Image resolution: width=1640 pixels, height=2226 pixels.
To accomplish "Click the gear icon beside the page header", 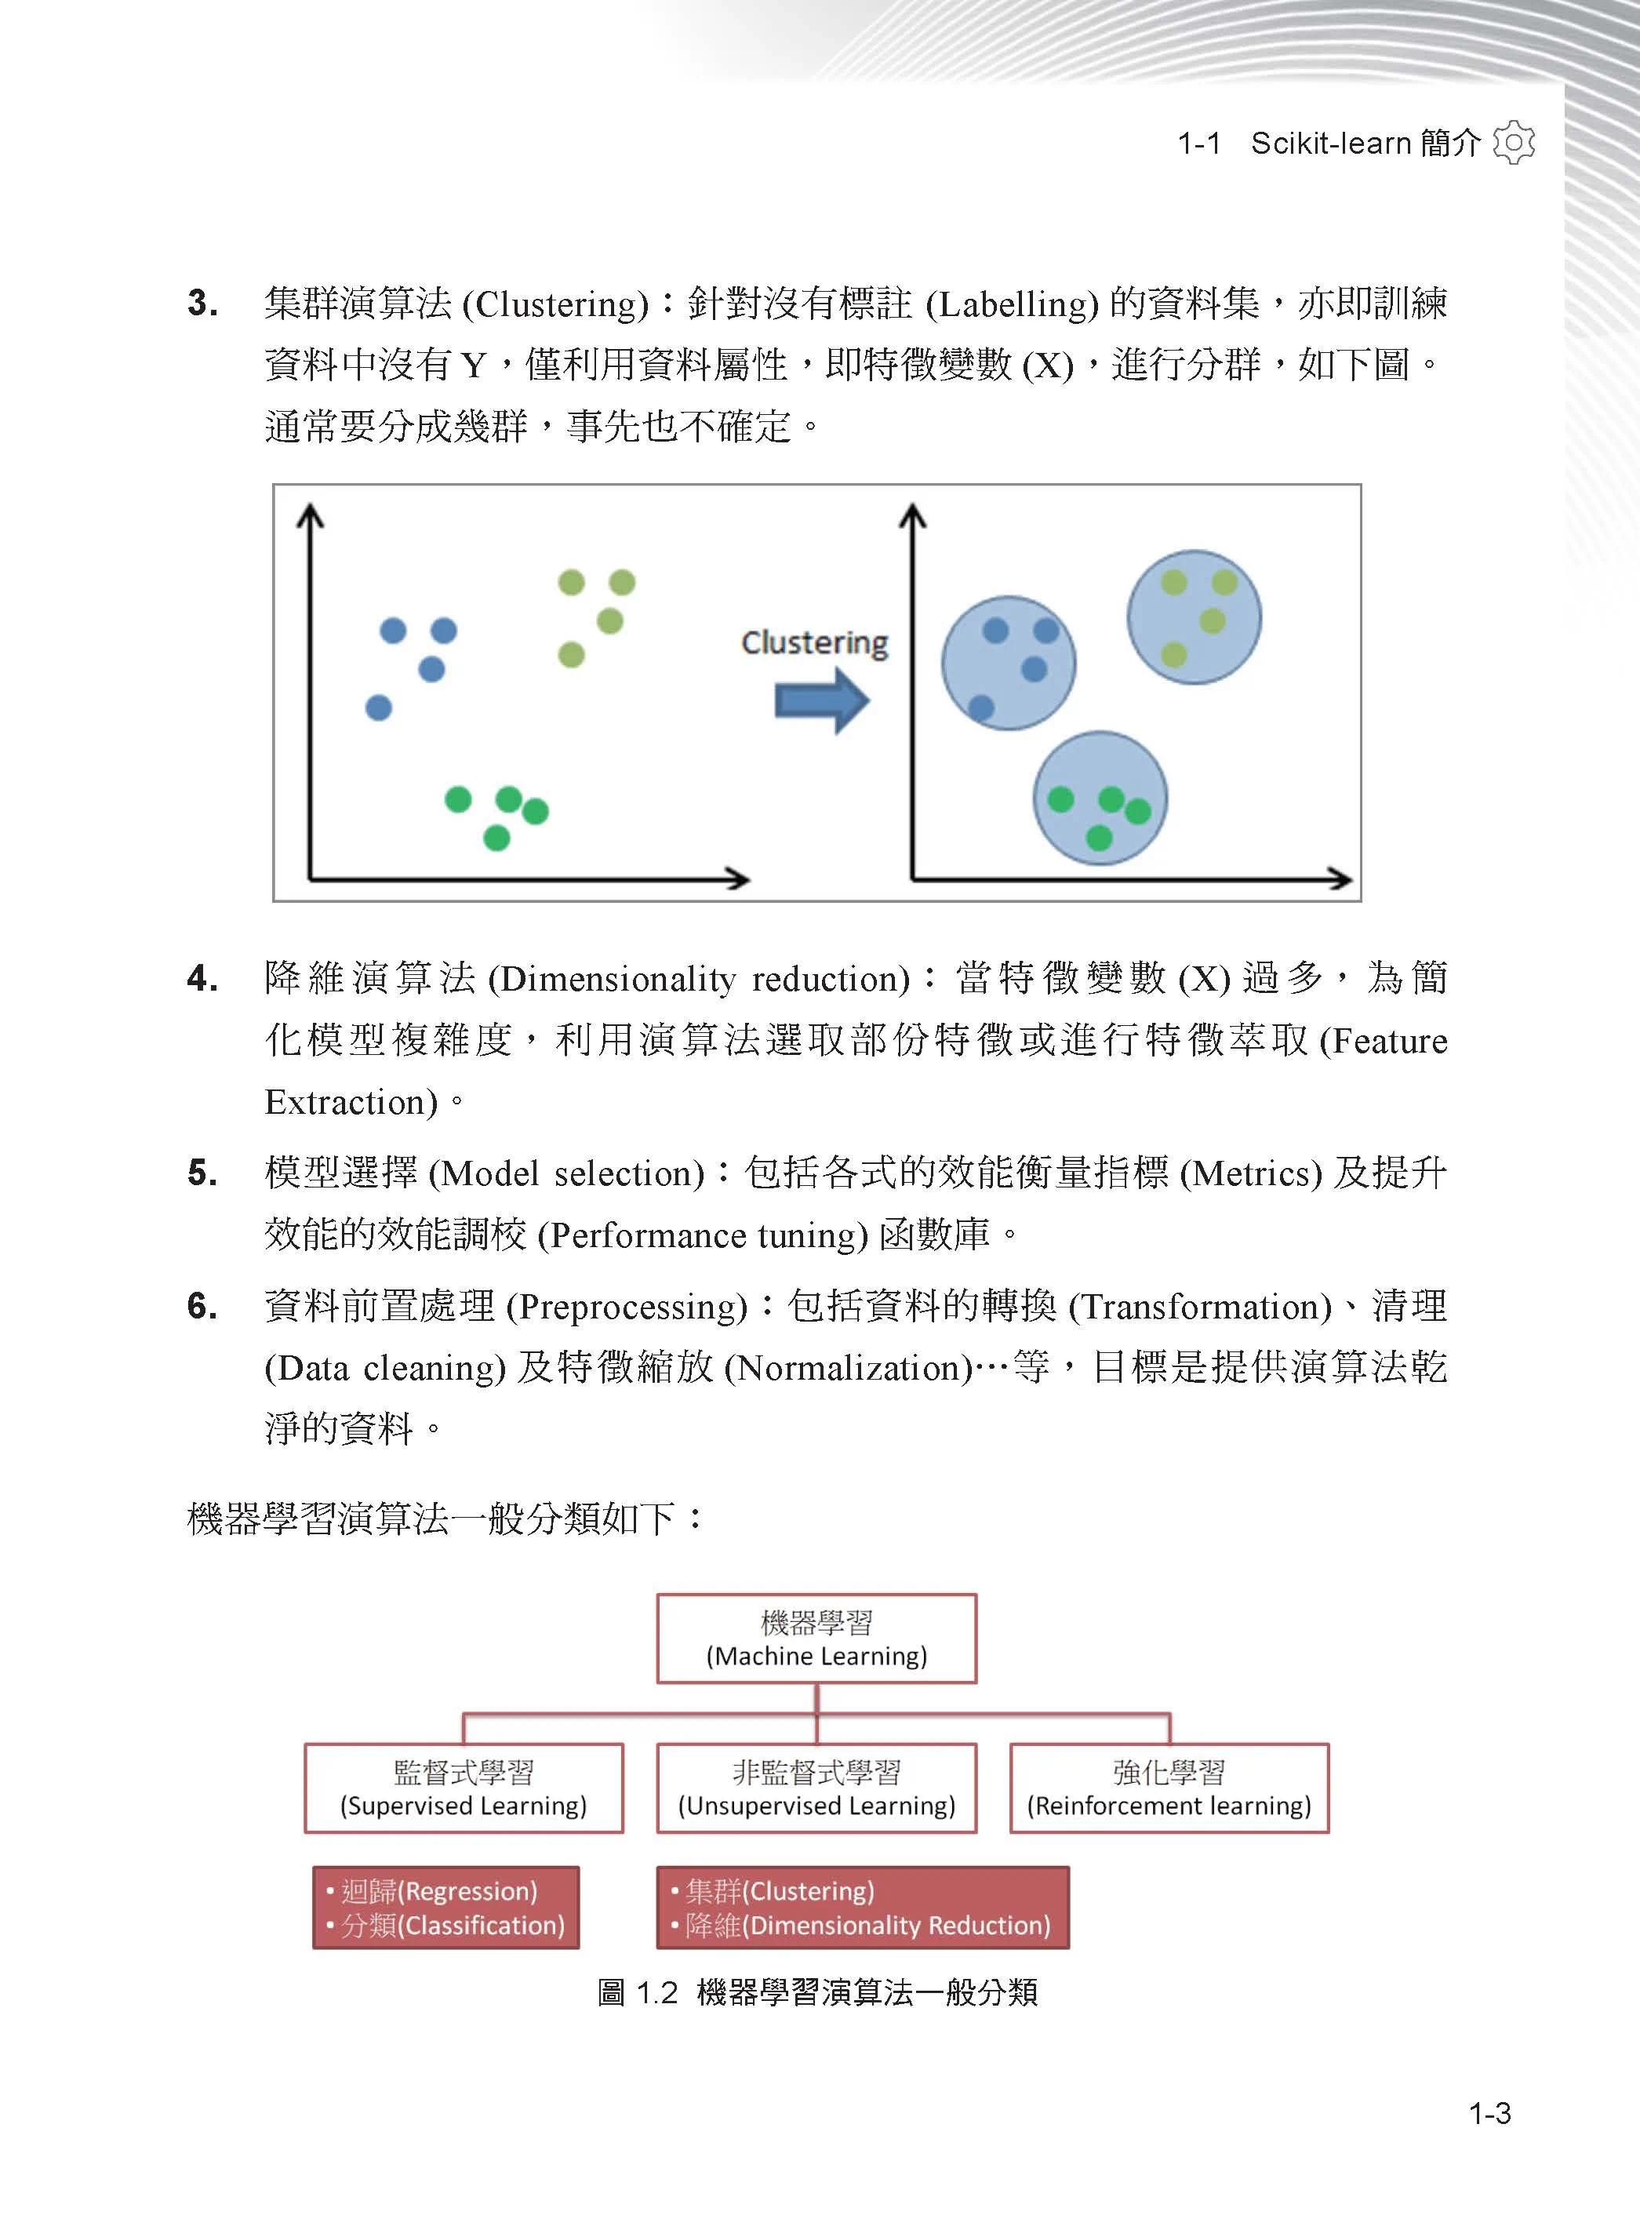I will click(1513, 143).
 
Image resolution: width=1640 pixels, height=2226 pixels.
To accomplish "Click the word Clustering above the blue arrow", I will click(814, 642).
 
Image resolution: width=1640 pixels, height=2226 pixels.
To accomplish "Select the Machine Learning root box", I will click(816, 1639).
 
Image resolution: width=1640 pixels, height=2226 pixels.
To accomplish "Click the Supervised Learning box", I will click(464, 1788).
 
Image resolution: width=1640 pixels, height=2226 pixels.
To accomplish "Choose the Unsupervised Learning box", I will click(816, 1788).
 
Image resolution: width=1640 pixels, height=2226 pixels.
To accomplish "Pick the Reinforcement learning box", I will click(1169, 1788).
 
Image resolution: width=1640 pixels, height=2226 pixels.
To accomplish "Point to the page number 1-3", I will click(1489, 2113).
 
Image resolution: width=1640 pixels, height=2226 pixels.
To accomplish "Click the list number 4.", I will click(202, 979).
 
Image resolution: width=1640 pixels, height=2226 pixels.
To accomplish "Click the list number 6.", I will click(202, 1306).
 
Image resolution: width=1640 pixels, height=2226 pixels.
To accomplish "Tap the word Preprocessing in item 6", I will click(627, 1307).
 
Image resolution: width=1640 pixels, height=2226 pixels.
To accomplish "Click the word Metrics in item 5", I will click(1251, 1173).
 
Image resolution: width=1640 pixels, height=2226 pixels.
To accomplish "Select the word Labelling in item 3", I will click(1012, 304).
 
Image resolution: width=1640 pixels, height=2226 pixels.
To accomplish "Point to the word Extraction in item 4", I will click(351, 1102).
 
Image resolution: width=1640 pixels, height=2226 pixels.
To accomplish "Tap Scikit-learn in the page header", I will click(1330, 143).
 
